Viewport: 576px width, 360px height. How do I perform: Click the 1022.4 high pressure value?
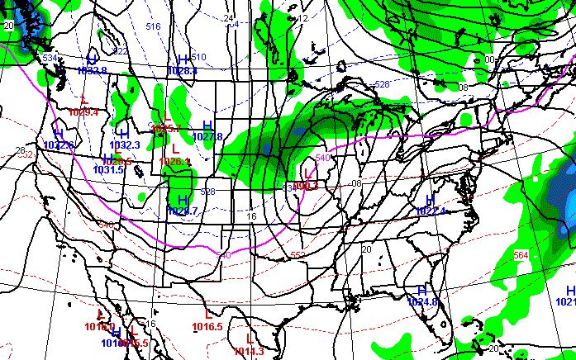coord(431,211)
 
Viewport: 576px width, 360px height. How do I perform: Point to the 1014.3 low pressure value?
coord(250,352)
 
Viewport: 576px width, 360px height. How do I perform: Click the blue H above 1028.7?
coord(182,201)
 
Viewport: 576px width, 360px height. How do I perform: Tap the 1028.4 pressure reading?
coord(182,72)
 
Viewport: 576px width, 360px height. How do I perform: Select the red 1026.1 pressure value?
coord(175,162)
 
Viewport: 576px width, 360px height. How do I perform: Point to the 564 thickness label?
coord(520,255)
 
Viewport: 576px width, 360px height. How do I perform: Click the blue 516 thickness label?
coord(153,26)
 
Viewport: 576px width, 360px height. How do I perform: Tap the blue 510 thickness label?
coord(198,57)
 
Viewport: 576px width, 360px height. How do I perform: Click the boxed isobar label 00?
coord(489,59)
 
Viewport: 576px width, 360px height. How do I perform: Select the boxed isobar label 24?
coord(229,18)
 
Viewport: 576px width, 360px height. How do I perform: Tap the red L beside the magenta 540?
coord(307,173)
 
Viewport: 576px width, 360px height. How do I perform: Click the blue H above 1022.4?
coord(430,201)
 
